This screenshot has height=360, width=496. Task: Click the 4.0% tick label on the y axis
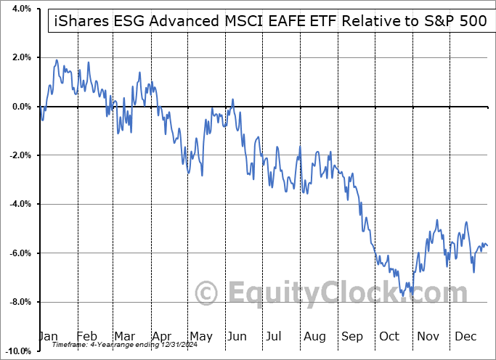pos(20,9)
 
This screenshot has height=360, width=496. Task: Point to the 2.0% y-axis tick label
pos(20,57)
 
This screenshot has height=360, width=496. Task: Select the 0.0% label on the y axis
pos(20,107)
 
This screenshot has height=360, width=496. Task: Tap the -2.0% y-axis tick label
pos(18,155)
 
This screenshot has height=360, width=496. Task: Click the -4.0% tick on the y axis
pos(18,204)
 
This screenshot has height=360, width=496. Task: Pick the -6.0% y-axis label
pos(18,253)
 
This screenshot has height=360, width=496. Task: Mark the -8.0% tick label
pos(18,302)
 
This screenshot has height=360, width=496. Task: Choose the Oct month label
pos(390,337)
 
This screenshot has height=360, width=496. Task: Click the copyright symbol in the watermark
pos(207,293)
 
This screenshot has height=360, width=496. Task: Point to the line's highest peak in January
pos(56,60)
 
